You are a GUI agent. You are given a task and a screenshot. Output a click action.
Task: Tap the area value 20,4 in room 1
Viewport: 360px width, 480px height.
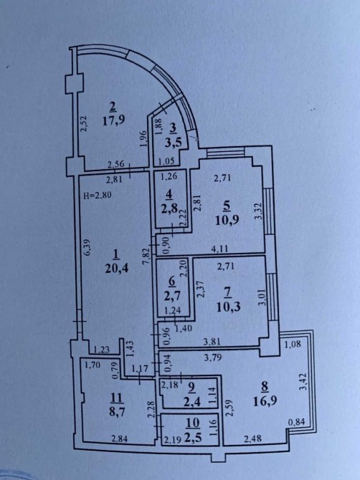[x=115, y=269]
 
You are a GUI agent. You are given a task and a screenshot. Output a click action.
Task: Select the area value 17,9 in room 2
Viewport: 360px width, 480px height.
[x=113, y=120]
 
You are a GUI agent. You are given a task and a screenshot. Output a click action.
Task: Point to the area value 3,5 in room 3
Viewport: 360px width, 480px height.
[x=173, y=143]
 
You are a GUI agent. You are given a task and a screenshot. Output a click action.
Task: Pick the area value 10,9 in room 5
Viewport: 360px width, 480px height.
[x=227, y=221]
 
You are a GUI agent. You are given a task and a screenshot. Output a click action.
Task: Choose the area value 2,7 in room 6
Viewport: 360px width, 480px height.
[x=172, y=296]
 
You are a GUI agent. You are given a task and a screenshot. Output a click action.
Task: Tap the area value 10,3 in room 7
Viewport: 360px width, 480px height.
[x=227, y=307]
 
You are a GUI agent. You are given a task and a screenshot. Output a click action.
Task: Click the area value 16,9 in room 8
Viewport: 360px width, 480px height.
[x=265, y=401]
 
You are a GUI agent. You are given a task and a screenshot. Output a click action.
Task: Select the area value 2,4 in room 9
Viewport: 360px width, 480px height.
[x=193, y=402]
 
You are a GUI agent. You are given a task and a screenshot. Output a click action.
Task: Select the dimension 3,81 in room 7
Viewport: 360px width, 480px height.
[x=211, y=343]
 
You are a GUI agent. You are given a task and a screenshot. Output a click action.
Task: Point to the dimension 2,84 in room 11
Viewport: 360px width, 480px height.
[x=120, y=440]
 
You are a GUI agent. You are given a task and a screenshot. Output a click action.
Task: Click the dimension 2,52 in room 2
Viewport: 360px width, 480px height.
[x=83, y=123]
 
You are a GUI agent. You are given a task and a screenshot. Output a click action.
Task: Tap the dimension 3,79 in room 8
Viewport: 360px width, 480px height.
[x=213, y=357]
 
